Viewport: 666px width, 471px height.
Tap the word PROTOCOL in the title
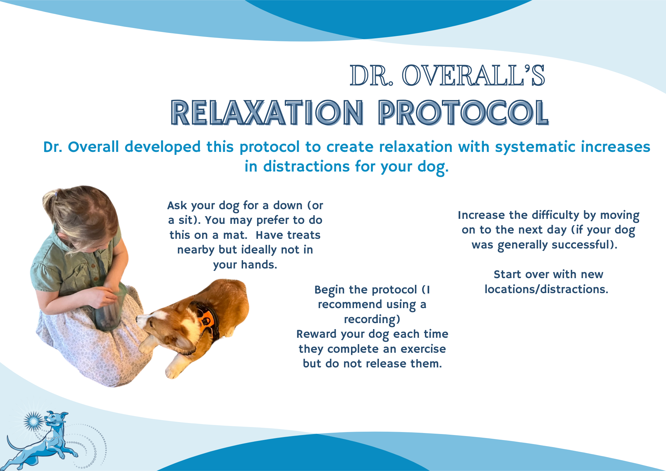click(463, 113)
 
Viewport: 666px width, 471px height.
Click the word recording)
click(372, 319)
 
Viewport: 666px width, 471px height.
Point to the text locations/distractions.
click(546, 289)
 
